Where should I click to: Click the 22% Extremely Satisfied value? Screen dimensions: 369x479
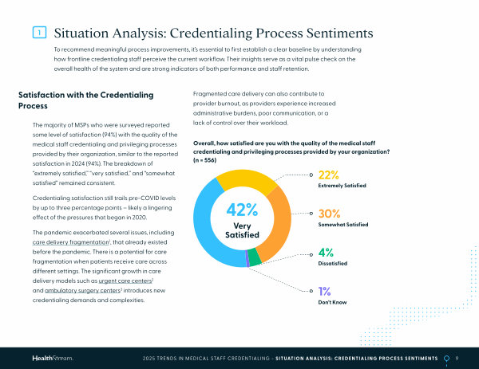pyautogui.click(x=329, y=175)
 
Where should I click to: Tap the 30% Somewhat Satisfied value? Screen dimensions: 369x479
pyautogui.click(x=330, y=214)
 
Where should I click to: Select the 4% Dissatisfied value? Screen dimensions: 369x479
pyautogui.click(x=326, y=254)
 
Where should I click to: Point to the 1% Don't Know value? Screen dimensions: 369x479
pyautogui.click(x=325, y=292)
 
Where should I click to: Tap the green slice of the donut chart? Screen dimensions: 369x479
pyautogui.click(x=254, y=256)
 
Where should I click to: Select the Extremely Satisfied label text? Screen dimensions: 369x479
pyautogui.click(x=342, y=186)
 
